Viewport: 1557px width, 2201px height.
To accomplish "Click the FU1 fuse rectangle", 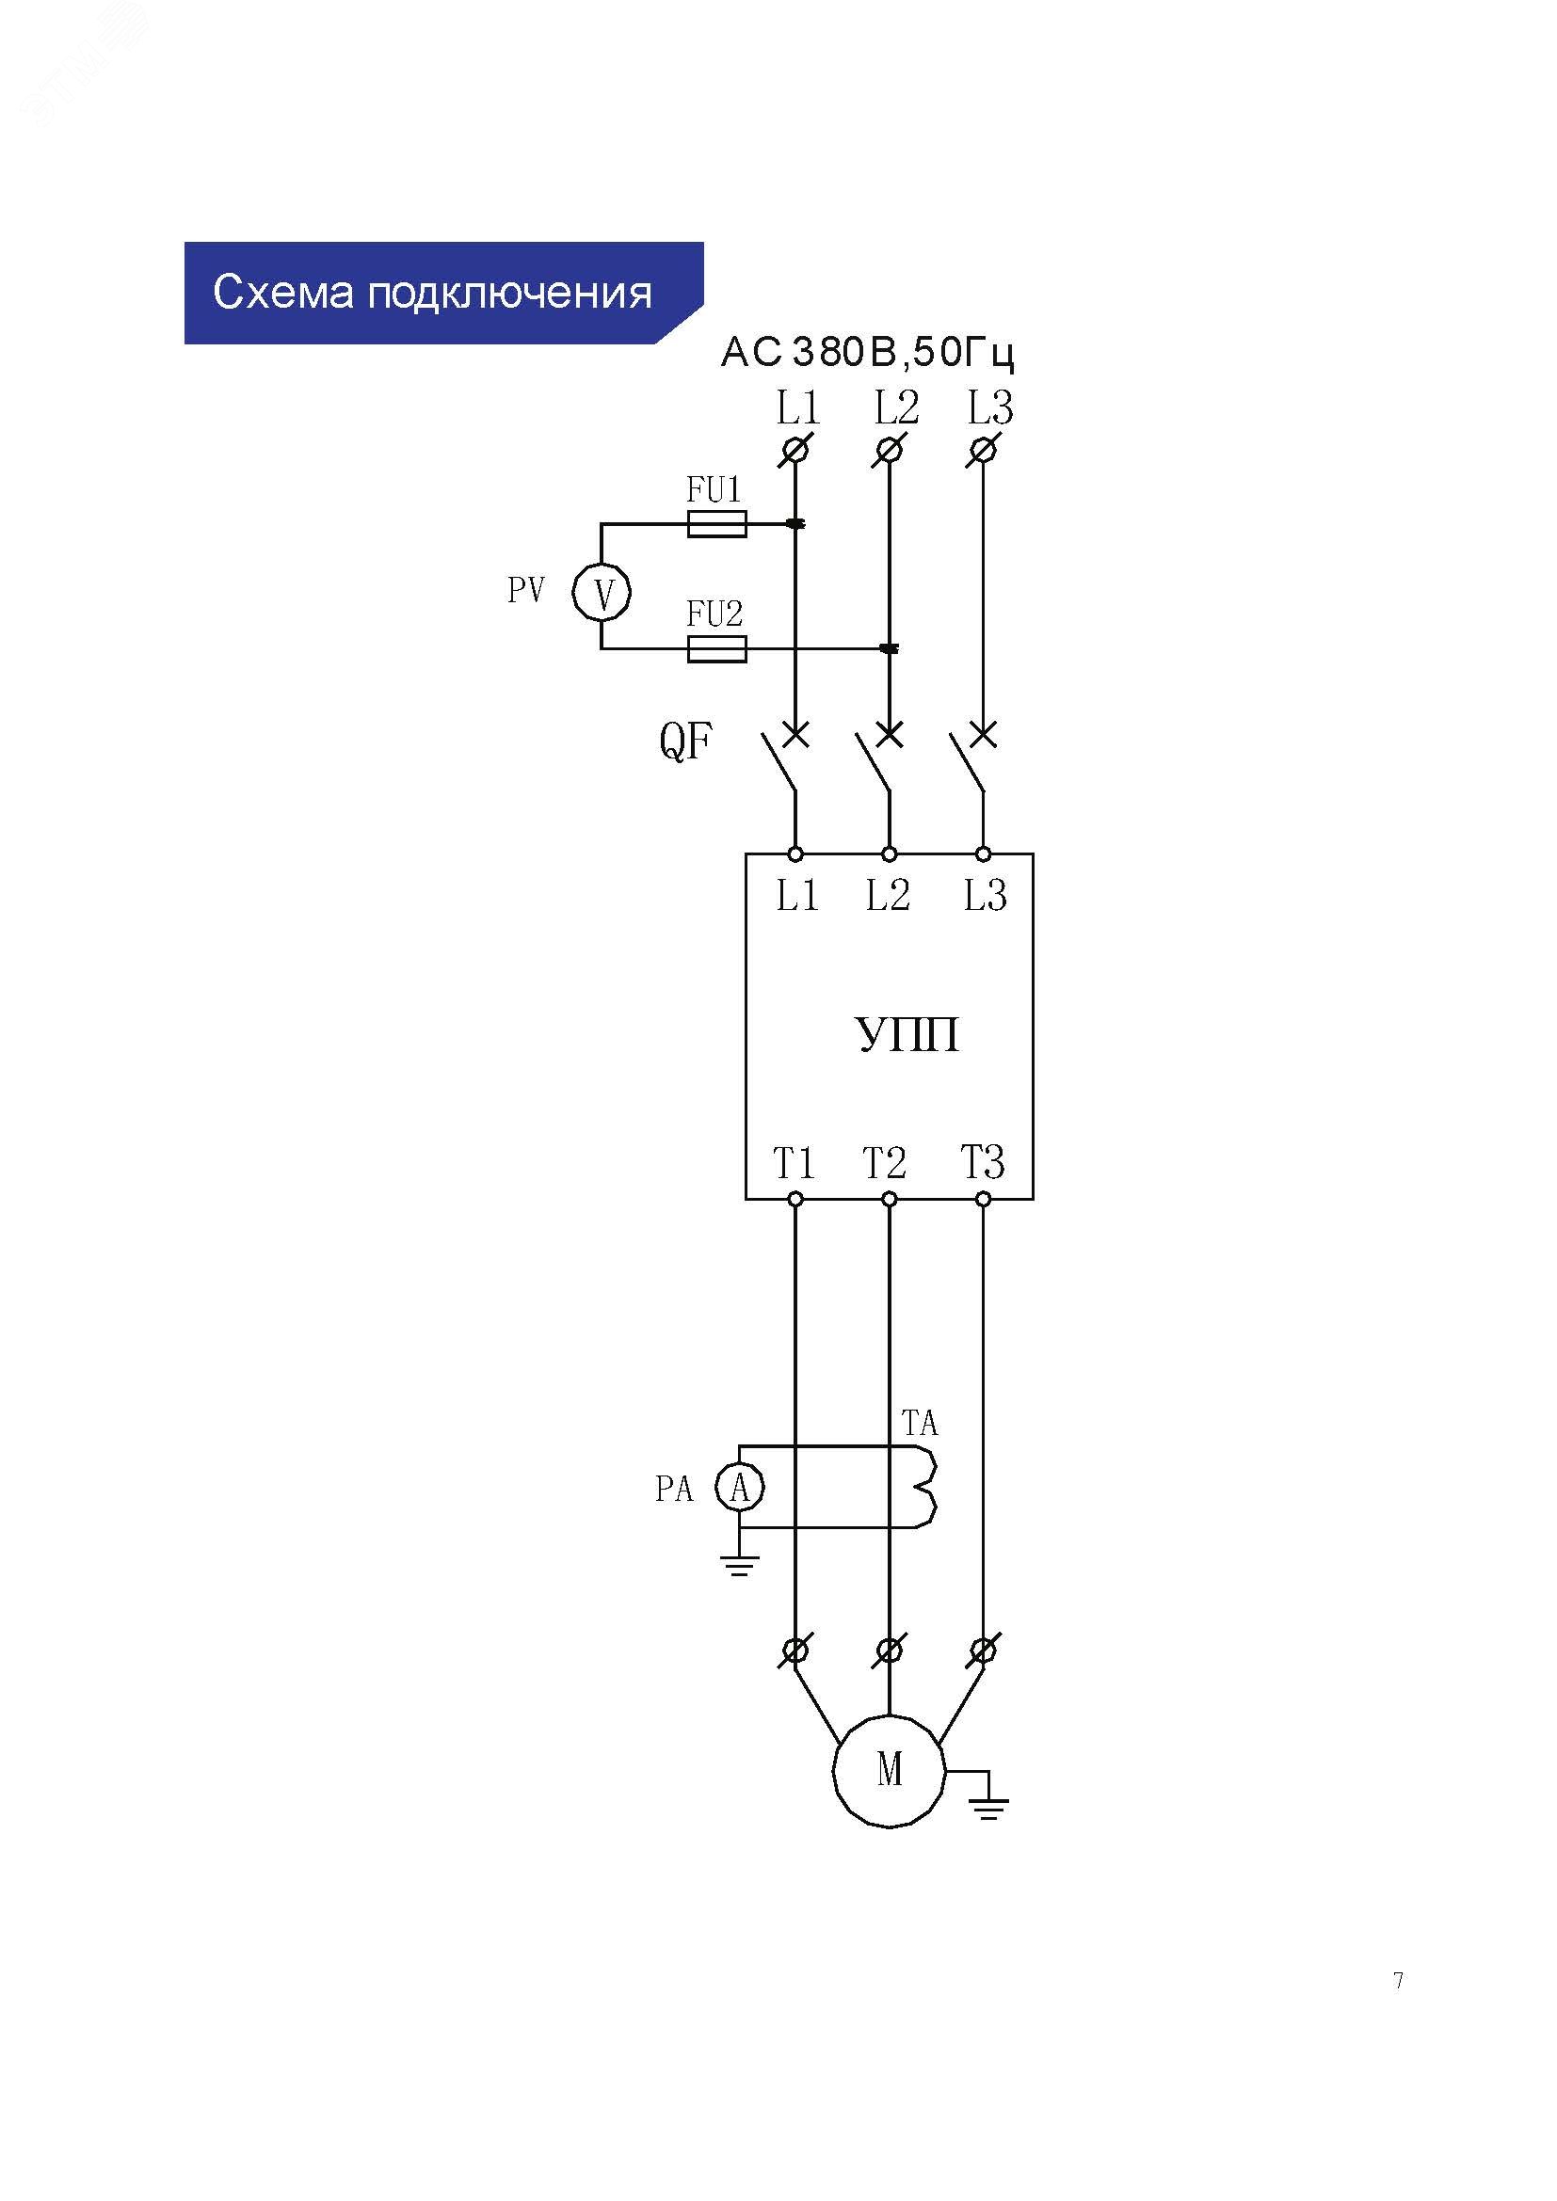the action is [x=717, y=523].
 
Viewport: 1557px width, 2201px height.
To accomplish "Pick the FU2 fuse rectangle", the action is [x=717, y=649].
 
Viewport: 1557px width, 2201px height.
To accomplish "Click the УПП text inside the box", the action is [x=907, y=1035].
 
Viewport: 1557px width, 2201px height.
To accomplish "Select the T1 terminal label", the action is [x=794, y=1164].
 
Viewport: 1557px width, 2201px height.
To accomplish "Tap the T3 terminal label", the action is [x=983, y=1163].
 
